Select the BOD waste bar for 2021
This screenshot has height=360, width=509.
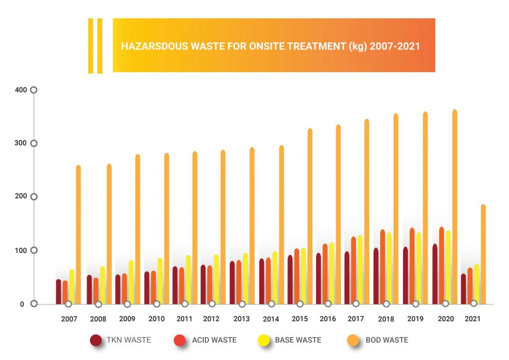click(x=483, y=254)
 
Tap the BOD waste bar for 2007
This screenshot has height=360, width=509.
click(x=78, y=234)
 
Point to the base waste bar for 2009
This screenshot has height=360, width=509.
click(x=131, y=281)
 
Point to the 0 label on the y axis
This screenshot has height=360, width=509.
click(x=21, y=304)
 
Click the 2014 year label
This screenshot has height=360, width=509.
click(x=271, y=319)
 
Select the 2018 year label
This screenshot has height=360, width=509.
click(x=386, y=319)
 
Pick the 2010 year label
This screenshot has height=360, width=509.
click(x=157, y=319)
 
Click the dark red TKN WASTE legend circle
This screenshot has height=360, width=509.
click(x=96, y=341)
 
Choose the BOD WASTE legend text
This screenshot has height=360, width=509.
click(x=387, y=340)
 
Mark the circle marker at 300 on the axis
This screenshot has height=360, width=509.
click(x=34, y=143)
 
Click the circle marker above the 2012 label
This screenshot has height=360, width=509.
click(x=212, y=303)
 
